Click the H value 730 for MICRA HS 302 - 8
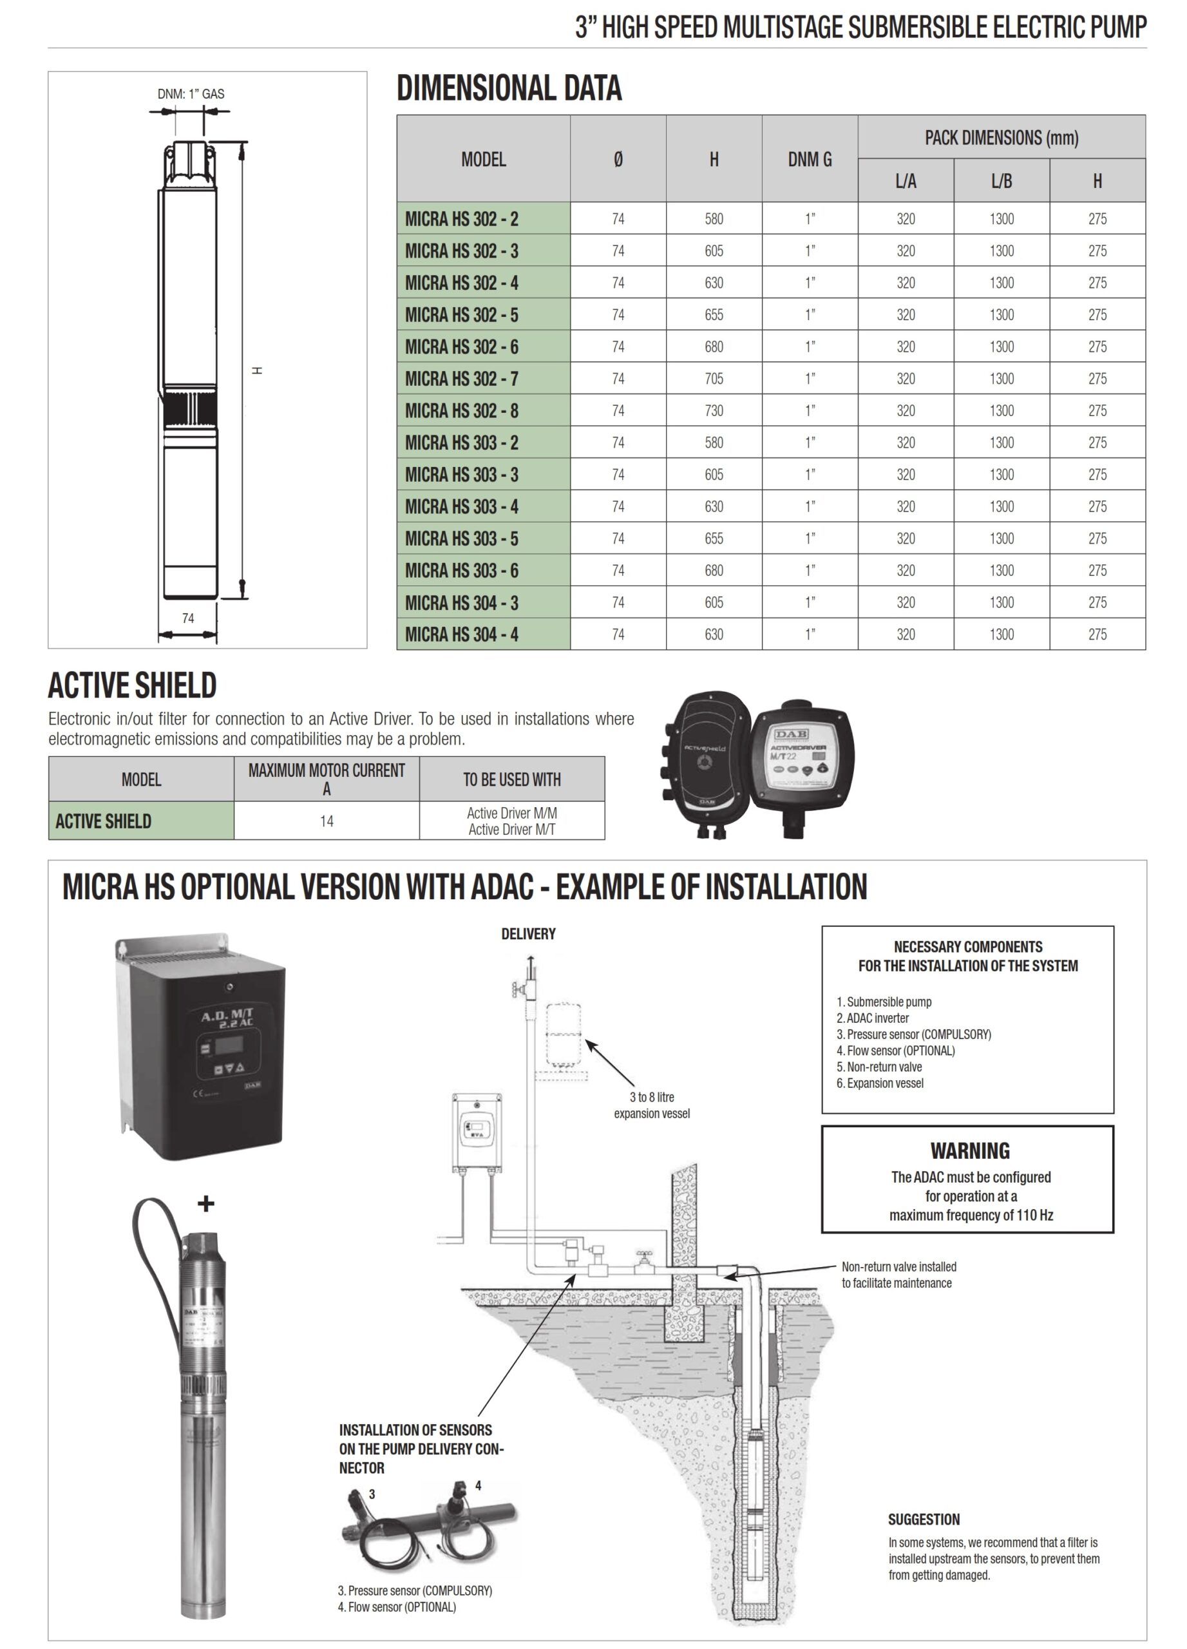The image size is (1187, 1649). point(713,411)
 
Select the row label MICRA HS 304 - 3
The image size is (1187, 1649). point(462,603)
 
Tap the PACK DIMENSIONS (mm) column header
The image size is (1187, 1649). point(1001,137)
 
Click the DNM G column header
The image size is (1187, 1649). point(809,159)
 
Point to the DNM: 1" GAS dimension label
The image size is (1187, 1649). point(191,94)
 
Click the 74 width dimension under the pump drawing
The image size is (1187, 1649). point(187,618)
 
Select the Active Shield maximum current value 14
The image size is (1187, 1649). point(327,821)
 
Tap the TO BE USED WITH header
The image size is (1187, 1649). point(512,779)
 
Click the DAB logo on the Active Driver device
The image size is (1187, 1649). point(791,734)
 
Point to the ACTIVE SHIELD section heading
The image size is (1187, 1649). point(132,685)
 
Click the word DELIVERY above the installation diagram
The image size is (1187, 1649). point(527,933)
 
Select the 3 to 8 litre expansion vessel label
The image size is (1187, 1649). point(651,1105)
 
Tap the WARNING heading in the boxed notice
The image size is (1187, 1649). point(970,1151)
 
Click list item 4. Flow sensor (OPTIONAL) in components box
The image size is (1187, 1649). point(895,1051)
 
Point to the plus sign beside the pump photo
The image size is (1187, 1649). point(205,1204)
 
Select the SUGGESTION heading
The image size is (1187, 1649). point(923,1520)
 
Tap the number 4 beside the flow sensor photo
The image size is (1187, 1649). point(479,1485)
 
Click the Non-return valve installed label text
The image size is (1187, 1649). point(898,1266)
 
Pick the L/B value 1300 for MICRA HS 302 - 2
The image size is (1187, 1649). point(1001,219)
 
